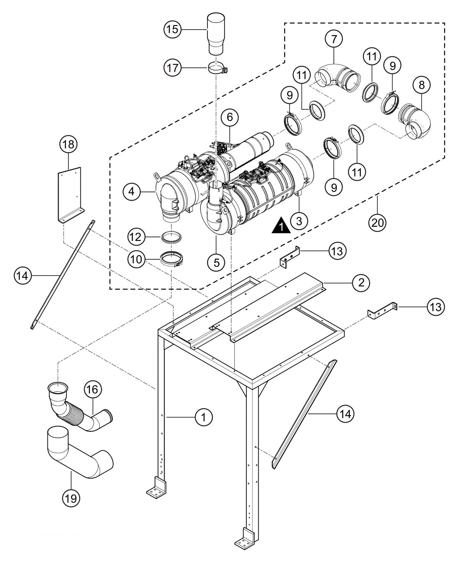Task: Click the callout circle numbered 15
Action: (173, 29)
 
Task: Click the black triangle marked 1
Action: (281, 226)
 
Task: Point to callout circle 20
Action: (378, 223)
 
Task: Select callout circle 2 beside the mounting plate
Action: (361, 282)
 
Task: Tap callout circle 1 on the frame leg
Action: (204, 417)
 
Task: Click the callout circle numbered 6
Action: (230, 117)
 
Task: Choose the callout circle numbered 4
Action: (132, 191)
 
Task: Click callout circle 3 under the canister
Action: (299, 221)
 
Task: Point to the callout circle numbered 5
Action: (216, 262)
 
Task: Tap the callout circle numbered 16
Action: (93, 389)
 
